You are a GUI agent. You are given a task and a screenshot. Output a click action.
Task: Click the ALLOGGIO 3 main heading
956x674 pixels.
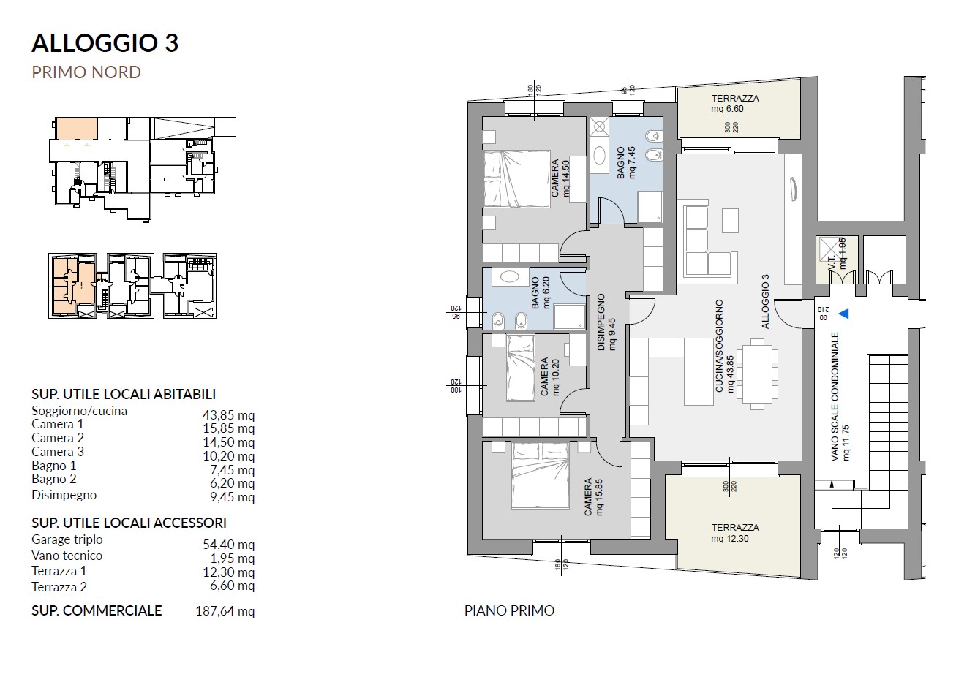click(105, 43)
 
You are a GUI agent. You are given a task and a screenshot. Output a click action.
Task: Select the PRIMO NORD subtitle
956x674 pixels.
click(86, 72)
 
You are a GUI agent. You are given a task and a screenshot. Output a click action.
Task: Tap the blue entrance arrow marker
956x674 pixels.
click(843, 314)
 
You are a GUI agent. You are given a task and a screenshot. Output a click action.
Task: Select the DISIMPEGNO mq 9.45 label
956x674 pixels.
click(606, 322)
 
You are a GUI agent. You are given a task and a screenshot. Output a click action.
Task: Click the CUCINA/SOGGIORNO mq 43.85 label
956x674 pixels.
click(725, 346)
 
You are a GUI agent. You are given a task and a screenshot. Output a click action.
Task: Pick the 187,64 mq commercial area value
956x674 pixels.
click(225, 611)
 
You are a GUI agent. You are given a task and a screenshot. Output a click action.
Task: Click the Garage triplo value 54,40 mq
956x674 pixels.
click(228, 545)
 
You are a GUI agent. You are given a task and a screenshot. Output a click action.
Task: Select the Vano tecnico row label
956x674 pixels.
click(67, 556)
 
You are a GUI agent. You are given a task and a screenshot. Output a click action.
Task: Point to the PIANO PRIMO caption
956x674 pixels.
click(509, 610)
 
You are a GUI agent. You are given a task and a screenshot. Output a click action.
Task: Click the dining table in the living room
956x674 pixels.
click(757, 374)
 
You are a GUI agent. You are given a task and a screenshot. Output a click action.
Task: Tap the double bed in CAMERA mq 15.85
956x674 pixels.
click(541, 475)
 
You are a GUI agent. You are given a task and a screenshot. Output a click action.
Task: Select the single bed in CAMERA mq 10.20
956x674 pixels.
click(521, 368)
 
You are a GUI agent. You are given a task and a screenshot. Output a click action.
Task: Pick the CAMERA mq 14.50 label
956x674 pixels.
click(560, 178)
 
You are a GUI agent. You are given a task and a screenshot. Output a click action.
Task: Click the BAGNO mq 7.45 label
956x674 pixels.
click(626, 163)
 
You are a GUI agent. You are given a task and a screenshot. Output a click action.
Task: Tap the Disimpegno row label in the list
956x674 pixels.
click(64, 495)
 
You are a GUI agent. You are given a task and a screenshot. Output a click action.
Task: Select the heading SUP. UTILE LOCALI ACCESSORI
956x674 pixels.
click(129, 523)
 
